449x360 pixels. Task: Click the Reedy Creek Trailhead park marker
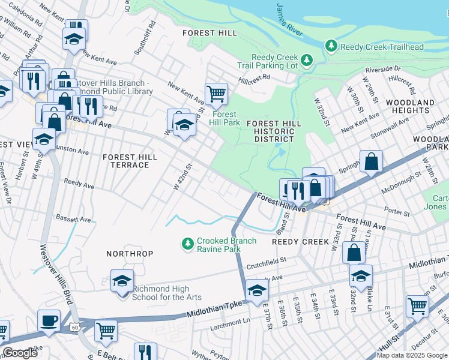(x=330, y=46)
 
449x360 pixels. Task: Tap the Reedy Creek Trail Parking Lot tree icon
(x=307, y=60)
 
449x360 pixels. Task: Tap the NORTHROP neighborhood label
(x=130, y=254)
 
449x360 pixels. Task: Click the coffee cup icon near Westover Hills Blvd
(x=49, y=320)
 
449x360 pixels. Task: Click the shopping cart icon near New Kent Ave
(x=216, y=93)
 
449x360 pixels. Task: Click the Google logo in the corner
(x=20, y=353)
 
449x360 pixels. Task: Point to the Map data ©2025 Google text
(x=411, y=355)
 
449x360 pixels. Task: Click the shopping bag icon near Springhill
(x=372, y=160)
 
